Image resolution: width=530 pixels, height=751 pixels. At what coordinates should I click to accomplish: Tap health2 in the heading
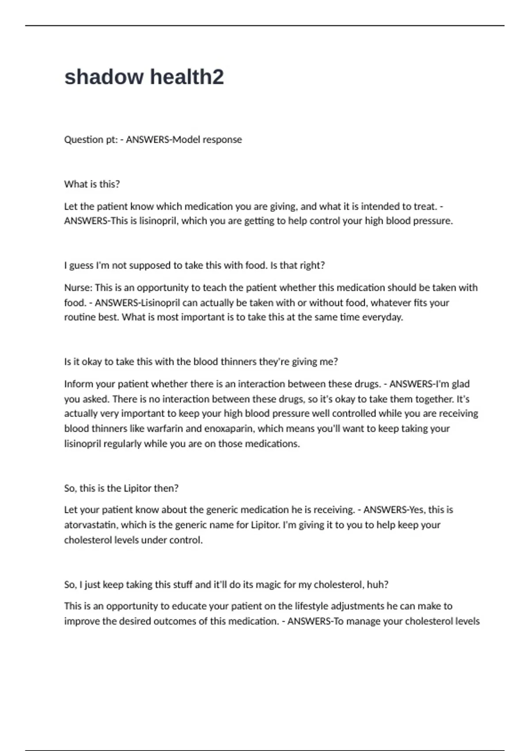tap(187, 77)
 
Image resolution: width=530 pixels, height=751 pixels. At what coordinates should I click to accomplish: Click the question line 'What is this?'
tap(92, 184)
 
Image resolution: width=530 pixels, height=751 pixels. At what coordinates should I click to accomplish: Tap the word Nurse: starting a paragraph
tap(78, 288)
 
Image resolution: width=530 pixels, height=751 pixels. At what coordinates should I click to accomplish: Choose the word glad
tap(461, 384)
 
